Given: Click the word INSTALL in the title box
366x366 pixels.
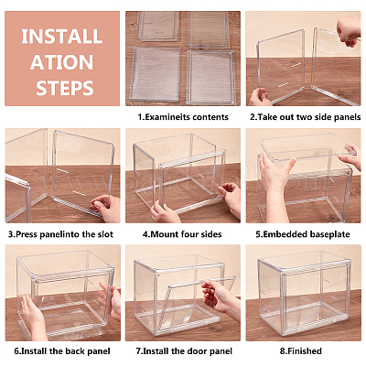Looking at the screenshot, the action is click(62, 37).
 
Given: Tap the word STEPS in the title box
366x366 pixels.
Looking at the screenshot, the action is click(65, 88).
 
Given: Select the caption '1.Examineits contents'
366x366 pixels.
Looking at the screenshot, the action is click(183, 117).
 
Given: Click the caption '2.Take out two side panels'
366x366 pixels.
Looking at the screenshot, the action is click(306, 117).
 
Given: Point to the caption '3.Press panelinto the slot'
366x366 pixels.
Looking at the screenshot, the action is click(60, 234).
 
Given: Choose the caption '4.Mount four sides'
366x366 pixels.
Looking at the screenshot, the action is click(182, 234).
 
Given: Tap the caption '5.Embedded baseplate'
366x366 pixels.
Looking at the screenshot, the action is click(303, 234).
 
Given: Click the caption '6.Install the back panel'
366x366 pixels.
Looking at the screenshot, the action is click(62, 351).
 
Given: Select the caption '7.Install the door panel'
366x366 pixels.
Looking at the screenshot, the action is click(184, 351).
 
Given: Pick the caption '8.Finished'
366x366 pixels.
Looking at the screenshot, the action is click(301, 351).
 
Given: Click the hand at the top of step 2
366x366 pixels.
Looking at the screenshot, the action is click(349, 31).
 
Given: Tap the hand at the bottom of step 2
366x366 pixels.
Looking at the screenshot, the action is click(259, 98).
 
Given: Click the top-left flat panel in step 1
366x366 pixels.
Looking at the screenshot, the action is click(158, 26).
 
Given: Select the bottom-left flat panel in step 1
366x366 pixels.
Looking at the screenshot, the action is click(156, 73).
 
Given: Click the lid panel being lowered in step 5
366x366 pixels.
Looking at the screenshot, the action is click(305, 148).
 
